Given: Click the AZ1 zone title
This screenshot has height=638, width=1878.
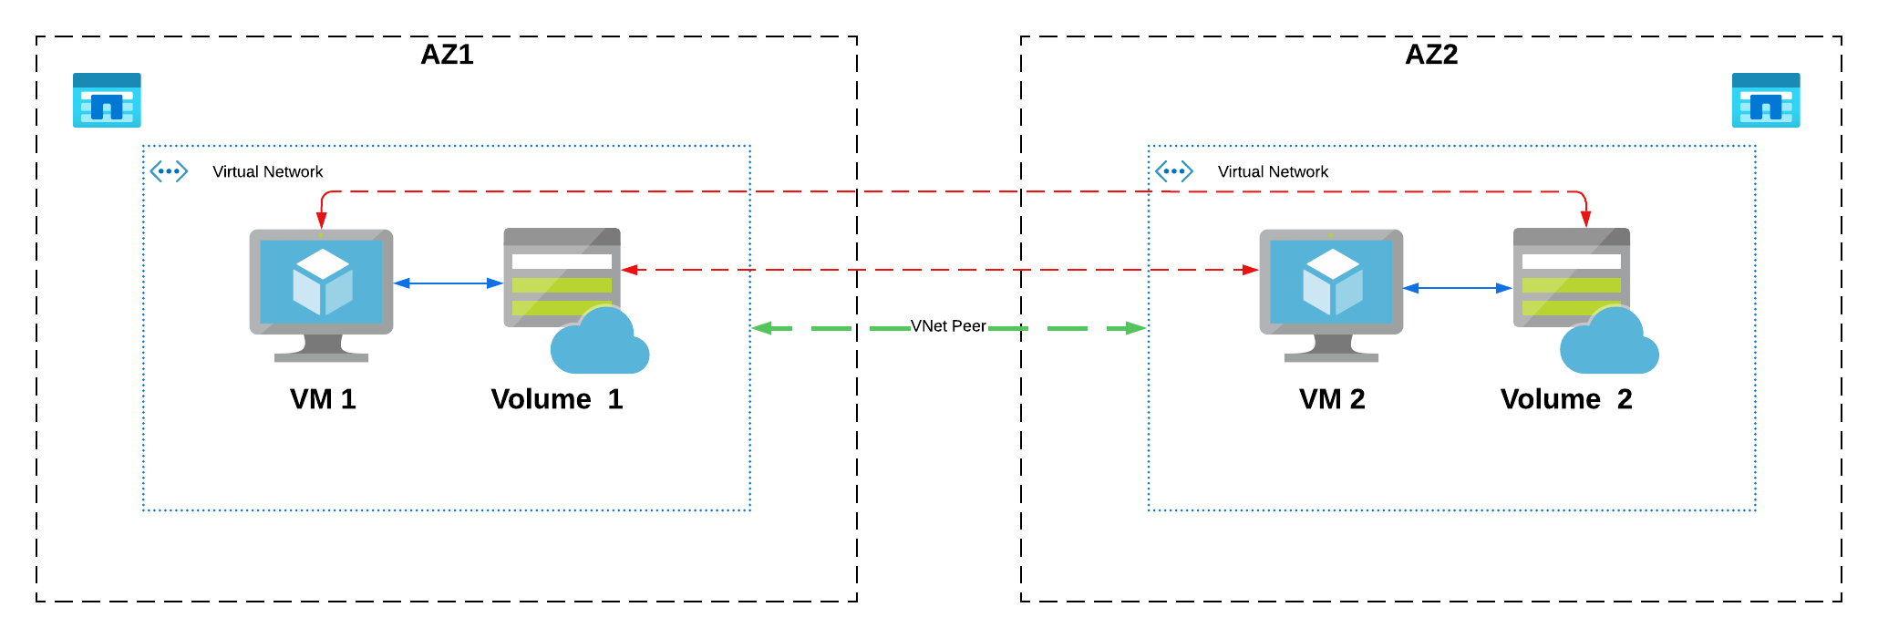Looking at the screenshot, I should (x=447, y=55).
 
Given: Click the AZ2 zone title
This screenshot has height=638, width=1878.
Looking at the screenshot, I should (x=1431, y=55).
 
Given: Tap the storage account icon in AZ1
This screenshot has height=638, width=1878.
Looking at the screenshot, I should (x=107, y=100).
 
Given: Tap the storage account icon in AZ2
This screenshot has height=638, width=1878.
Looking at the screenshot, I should (x=1766, y=100).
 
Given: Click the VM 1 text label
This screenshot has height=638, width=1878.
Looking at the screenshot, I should (x=323, y=399).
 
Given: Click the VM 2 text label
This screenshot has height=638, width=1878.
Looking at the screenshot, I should (x=1332, y=399).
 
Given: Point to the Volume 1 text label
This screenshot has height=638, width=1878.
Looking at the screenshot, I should (x=556, y=399).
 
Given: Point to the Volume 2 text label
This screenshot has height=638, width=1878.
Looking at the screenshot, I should (x=1566, y=399).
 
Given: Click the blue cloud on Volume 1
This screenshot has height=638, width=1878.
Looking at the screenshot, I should (x=599, y=344).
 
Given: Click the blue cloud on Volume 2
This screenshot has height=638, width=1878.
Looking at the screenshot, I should (x=1609, y=344).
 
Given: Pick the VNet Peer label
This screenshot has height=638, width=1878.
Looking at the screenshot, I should (x=948, y=326).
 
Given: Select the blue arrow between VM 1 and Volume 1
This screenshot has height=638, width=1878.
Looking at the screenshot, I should (x=449, y=283).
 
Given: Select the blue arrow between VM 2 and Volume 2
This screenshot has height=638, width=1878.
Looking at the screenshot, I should (x=1458, y=288).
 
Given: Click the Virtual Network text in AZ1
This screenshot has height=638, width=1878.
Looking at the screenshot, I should (x=267, y=171).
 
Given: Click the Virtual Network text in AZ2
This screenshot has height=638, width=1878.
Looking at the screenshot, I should (x=1273, y=171).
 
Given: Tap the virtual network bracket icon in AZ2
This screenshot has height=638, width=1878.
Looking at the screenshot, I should (x=1174, y=171).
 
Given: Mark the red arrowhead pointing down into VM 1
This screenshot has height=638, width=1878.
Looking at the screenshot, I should (x=321, y=221).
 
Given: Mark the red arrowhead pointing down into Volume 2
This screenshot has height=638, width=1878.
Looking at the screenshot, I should (x=1585, y=219).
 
